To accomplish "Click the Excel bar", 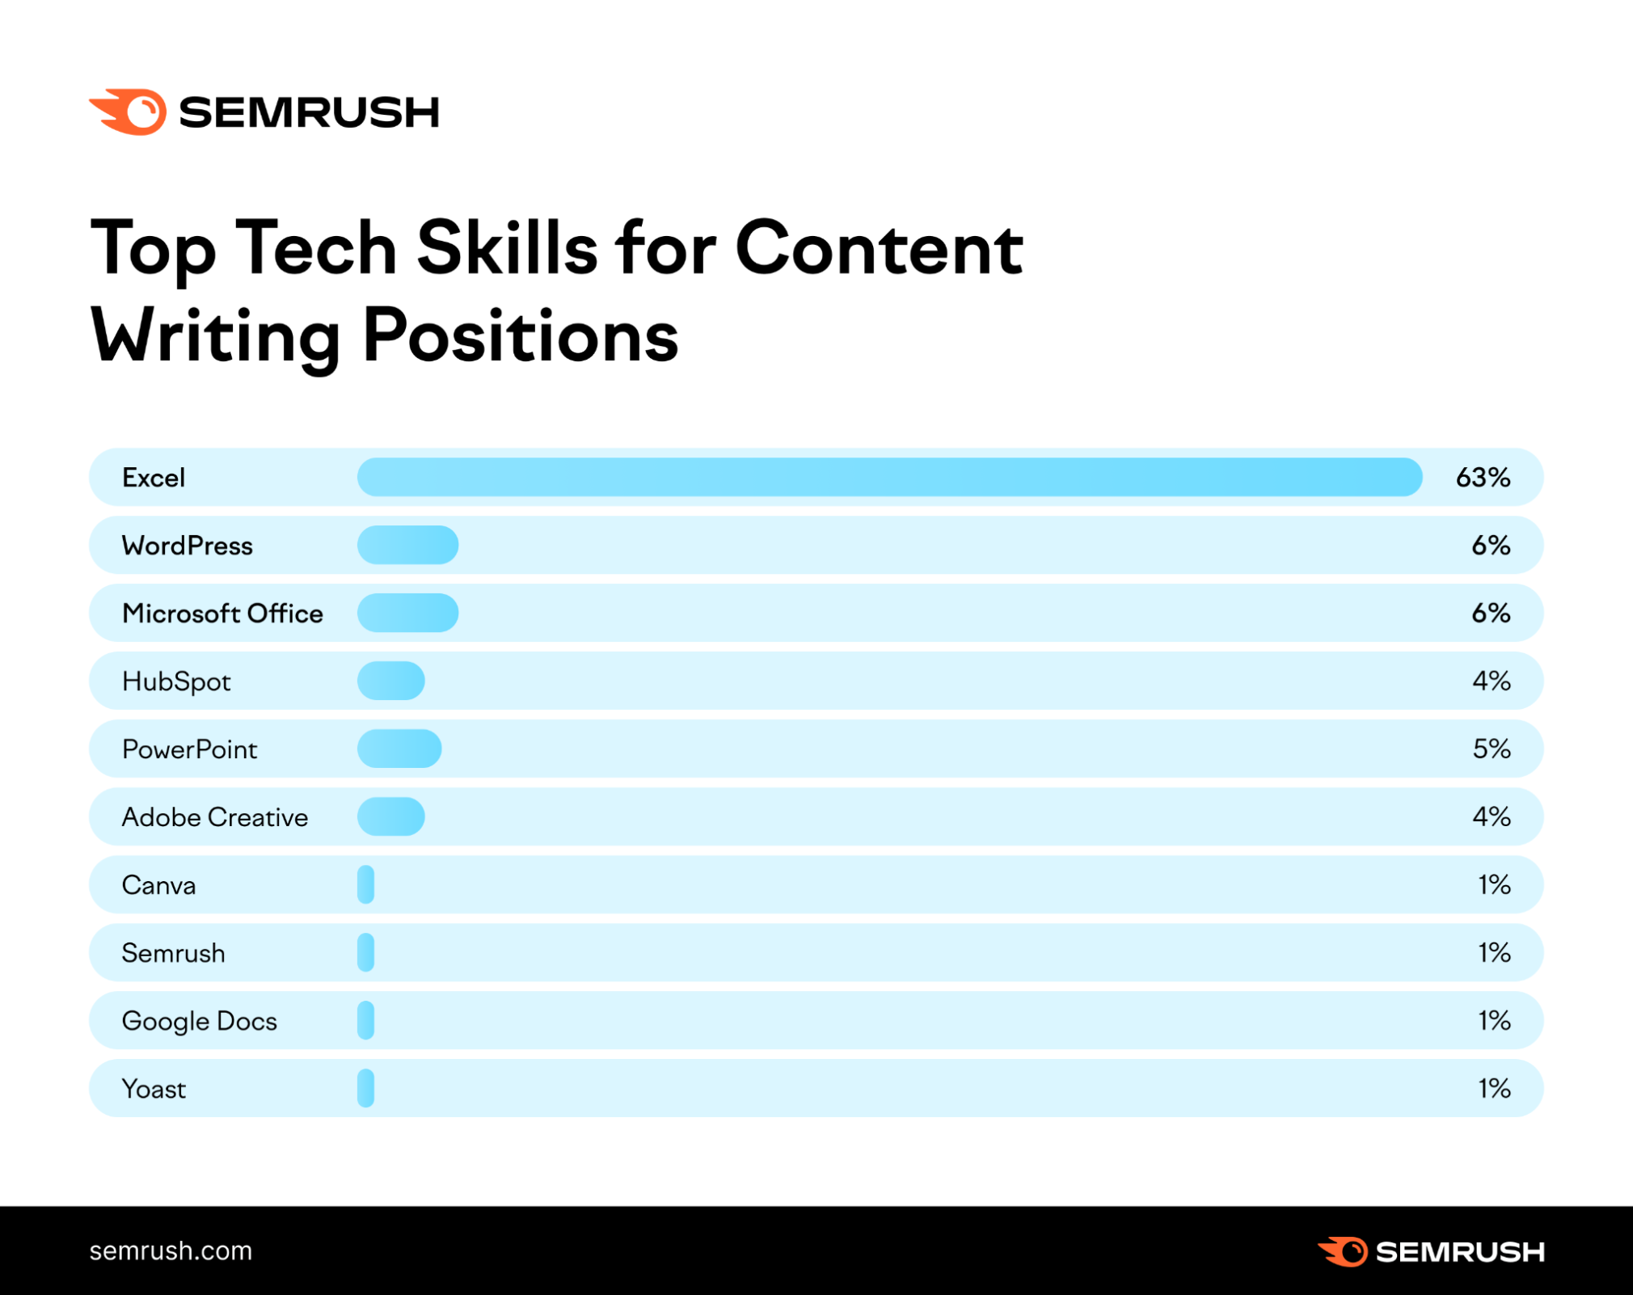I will tap(889, 477).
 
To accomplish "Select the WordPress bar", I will tap(407, 545).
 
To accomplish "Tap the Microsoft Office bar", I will tap(407, 613).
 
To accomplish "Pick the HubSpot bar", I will tap(390, 681).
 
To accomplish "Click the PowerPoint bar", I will tap(399, 749).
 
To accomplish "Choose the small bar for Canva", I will tap(365, 884).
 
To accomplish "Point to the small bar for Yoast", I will tap(365, 1088).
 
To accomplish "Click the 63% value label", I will tap(1483, 477).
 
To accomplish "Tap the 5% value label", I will tap(1491, 749).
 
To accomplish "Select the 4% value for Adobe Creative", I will tap(1491, 816).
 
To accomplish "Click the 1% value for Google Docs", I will tap(1494, 1020).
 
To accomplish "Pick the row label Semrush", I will tap(173, 953).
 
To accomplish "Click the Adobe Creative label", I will tap(214, 817).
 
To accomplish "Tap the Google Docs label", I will tap(199, 1021).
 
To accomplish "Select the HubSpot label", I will tap(176, 681).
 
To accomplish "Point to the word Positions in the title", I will tap(520, 335).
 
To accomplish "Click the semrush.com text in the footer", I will tap(171, 1251).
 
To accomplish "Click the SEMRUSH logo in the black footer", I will tap(1431, 1251).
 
